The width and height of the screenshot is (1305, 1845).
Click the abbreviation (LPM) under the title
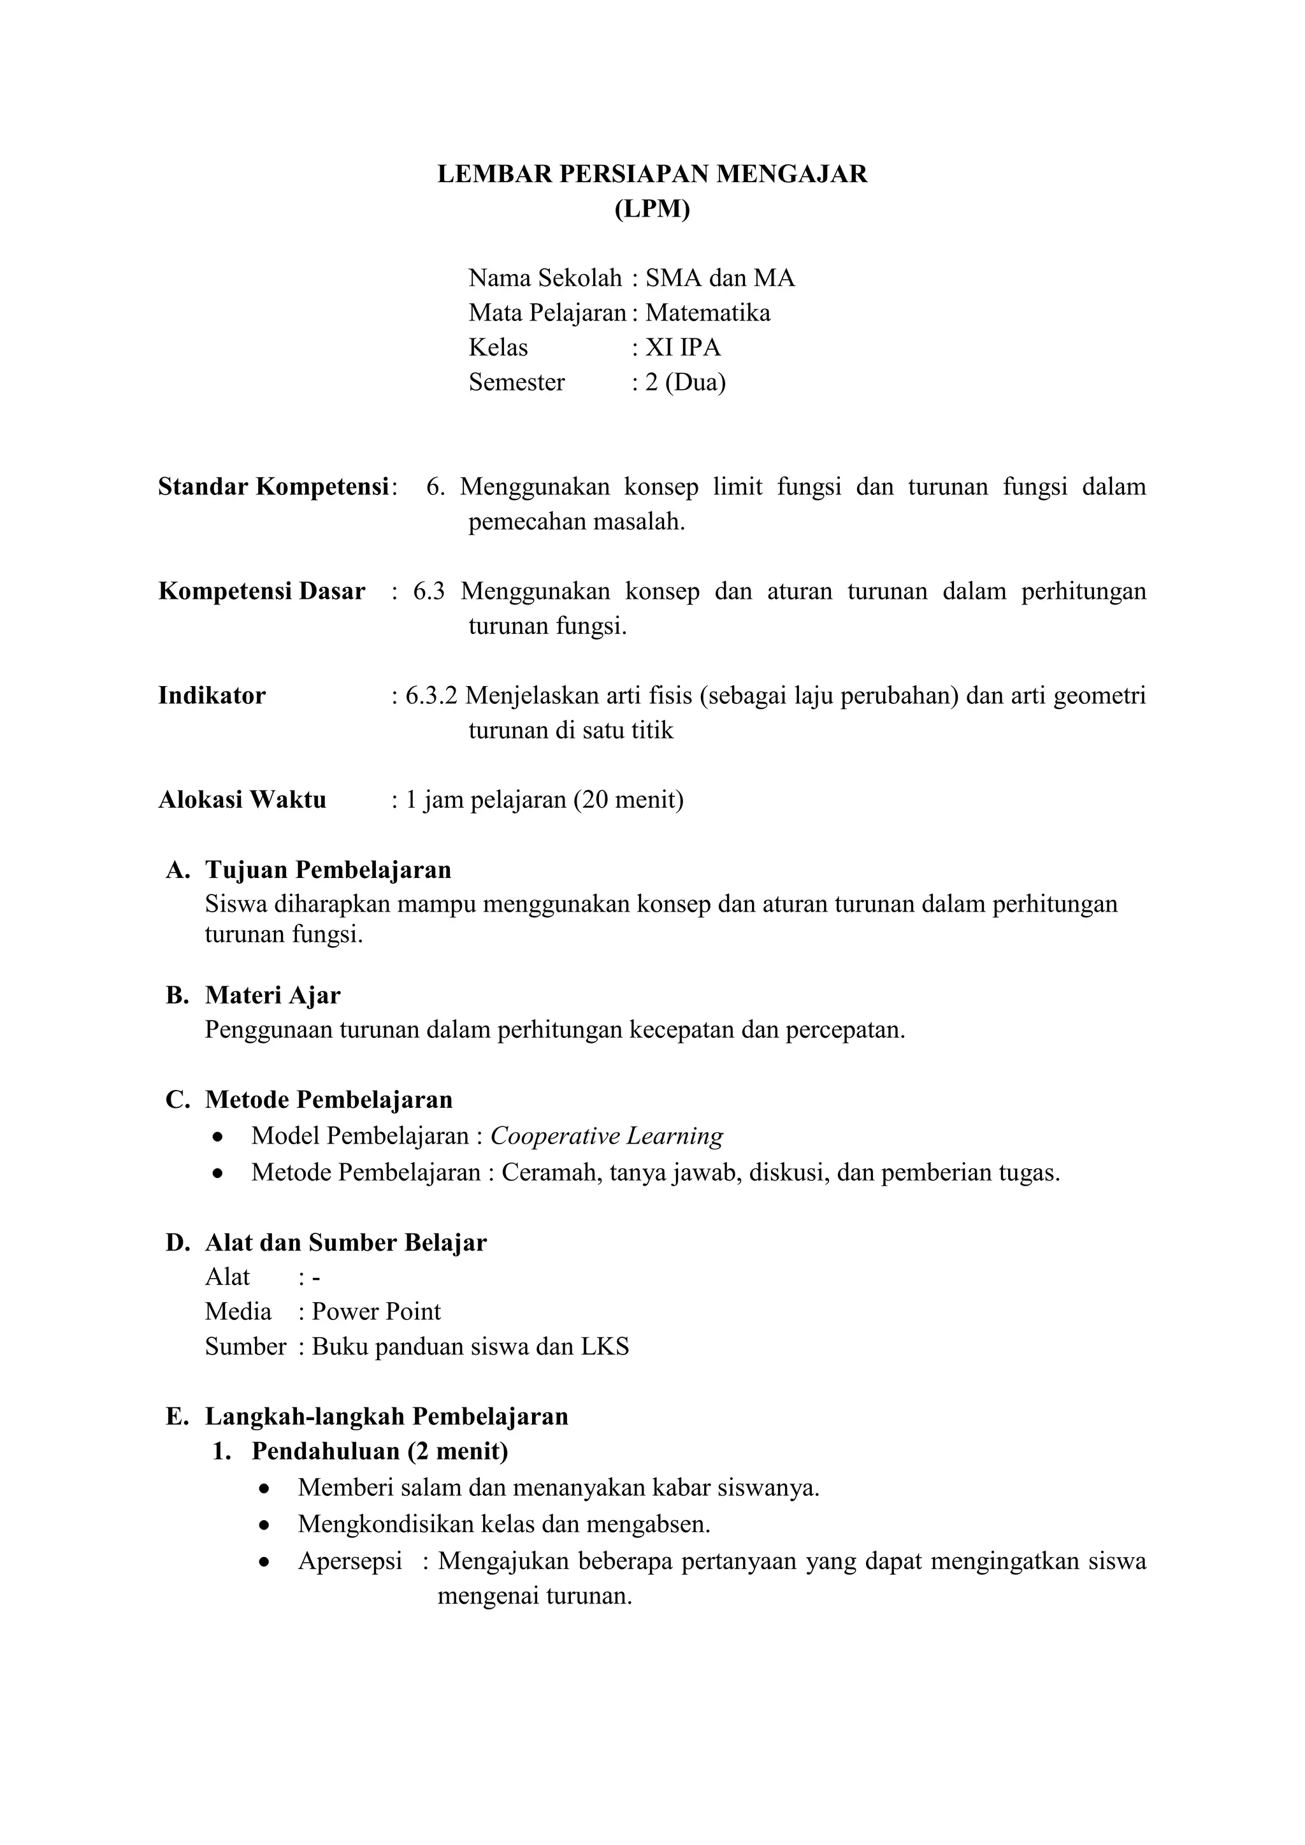[652, 209]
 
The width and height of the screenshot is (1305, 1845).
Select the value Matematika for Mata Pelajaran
[707, 313]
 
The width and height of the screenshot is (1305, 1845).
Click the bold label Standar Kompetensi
[273, 486]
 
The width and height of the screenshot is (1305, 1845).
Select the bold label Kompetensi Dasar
[261, 591]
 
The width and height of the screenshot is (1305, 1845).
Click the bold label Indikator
[212, 695]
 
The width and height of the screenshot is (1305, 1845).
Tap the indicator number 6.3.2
[431, 695]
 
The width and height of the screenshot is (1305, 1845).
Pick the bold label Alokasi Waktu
[242, 800]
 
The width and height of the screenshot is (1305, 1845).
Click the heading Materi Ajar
[273, 995]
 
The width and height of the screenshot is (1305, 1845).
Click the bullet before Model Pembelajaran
[217, 1137]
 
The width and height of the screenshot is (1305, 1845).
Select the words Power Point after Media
[376, 1311]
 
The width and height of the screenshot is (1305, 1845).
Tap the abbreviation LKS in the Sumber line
[605, 1346]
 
